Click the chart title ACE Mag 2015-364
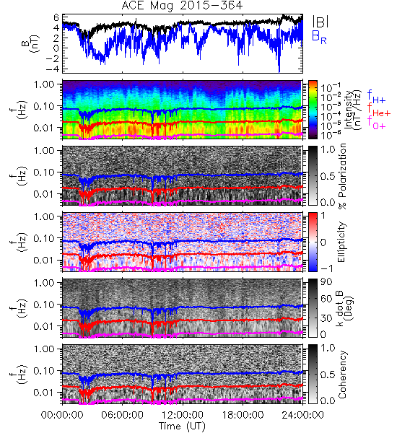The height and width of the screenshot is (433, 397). tap(182, 6)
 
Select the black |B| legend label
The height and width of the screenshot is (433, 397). tap(320, 21)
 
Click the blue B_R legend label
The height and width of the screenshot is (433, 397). tap(319, 37)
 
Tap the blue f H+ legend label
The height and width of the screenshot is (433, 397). tap(376, 97)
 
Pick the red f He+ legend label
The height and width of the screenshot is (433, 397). tap(379, 110)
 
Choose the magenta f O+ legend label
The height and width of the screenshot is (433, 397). tap(376, 123)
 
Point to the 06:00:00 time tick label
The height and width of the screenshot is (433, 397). tap(122, 415)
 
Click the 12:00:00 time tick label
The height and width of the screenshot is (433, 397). tap(183, 415)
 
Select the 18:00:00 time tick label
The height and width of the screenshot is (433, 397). tap(243, 415)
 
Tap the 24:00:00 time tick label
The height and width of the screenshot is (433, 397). tap(302, 415)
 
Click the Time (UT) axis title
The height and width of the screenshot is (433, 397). tap(182, 427)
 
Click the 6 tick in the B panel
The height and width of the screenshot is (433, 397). tap(56, 17)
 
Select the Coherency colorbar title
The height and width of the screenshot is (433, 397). tap(342, 375)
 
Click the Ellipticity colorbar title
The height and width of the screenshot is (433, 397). tap(342, 242)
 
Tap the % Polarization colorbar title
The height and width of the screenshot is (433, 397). tap(342, 176)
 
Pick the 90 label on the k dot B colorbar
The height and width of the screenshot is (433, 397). tap(326, 281)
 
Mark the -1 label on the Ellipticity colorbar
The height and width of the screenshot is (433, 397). tap(326, 268)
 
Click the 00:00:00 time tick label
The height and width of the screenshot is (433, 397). tap(62, 415)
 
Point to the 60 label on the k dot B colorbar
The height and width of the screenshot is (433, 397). tap(326, 299)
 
